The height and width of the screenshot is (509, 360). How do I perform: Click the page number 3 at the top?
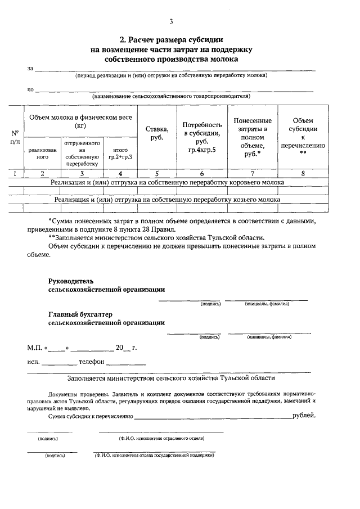(172, 22)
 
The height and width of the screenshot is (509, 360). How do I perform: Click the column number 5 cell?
(157, 174)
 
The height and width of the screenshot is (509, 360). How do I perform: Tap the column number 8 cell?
(303, 174)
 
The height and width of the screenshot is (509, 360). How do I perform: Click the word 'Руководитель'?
(70, 280)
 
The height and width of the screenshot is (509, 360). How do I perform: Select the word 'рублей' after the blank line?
(304, 416)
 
